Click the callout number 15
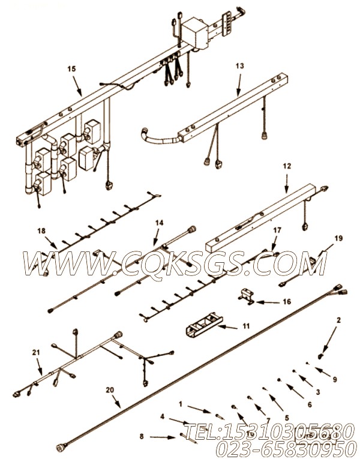click(71, 70)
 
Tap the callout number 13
click(240, 67)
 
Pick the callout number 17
click(277, 230)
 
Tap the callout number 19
click(339, 238)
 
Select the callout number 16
click(287, 302)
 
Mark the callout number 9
click(335, 379)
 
